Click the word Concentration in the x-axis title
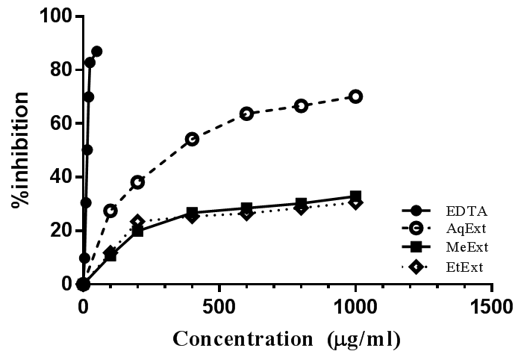pyautogui.click(x=240, y=338)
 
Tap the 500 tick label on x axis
pyautogui.click(x=219, y=307)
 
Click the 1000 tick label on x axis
pyautogui.click(x=355, y=307)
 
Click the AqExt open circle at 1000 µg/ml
pyautogui.click(x=355, y=96)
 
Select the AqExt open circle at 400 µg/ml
pyautogui.click(x=192, y=139)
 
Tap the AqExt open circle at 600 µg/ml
pyautogui.click(x=246, y=114)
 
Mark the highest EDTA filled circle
pyautogui.click(x=96, y=52)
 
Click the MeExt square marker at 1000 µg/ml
pyautogui.click(x=355, y=196)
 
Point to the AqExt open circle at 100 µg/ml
pyautogui.click(x=110, y=211)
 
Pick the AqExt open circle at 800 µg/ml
pyautogui.click(x=301, y=106)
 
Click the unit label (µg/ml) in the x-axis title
pyautogui.click(x=363, y=338)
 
